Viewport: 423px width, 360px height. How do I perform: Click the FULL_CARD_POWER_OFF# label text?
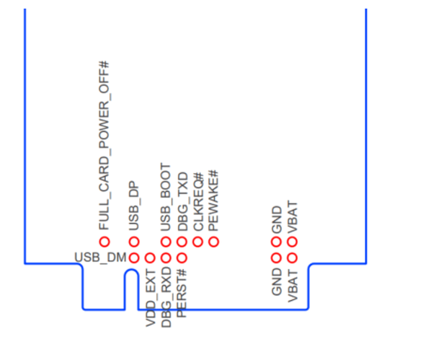coord(104,146)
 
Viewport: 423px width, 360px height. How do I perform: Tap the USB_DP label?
coord(134,206)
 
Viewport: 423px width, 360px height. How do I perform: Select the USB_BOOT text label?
coord(166,197)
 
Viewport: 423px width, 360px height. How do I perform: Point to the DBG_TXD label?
coord(182,201)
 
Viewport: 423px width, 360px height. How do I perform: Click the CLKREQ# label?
coord(198,202)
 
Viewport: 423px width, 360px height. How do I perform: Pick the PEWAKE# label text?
coord(213,201)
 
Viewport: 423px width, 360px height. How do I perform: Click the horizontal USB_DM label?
coord(100,258)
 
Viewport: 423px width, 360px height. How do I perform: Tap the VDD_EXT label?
coord(151,298)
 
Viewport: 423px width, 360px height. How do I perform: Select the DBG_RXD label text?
coord(166,297)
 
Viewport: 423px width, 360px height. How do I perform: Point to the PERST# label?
coord(182,293)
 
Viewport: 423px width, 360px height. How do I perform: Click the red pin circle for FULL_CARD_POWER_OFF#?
coord(104,242)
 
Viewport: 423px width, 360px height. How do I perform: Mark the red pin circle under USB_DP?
coord(134,242)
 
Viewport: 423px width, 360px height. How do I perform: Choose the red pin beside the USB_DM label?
coord(134,258)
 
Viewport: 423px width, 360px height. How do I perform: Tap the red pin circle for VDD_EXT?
coord(150,258)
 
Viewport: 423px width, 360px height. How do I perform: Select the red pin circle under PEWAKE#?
coord(213,242)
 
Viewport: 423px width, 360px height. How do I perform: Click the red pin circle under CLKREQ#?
coord(197,242)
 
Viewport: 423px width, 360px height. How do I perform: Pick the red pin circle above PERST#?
coord(182,258)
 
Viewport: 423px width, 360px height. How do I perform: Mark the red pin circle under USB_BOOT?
coord(166,242)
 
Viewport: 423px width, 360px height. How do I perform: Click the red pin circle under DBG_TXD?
coord(182,242)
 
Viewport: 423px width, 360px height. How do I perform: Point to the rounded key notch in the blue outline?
coord(131,270)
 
